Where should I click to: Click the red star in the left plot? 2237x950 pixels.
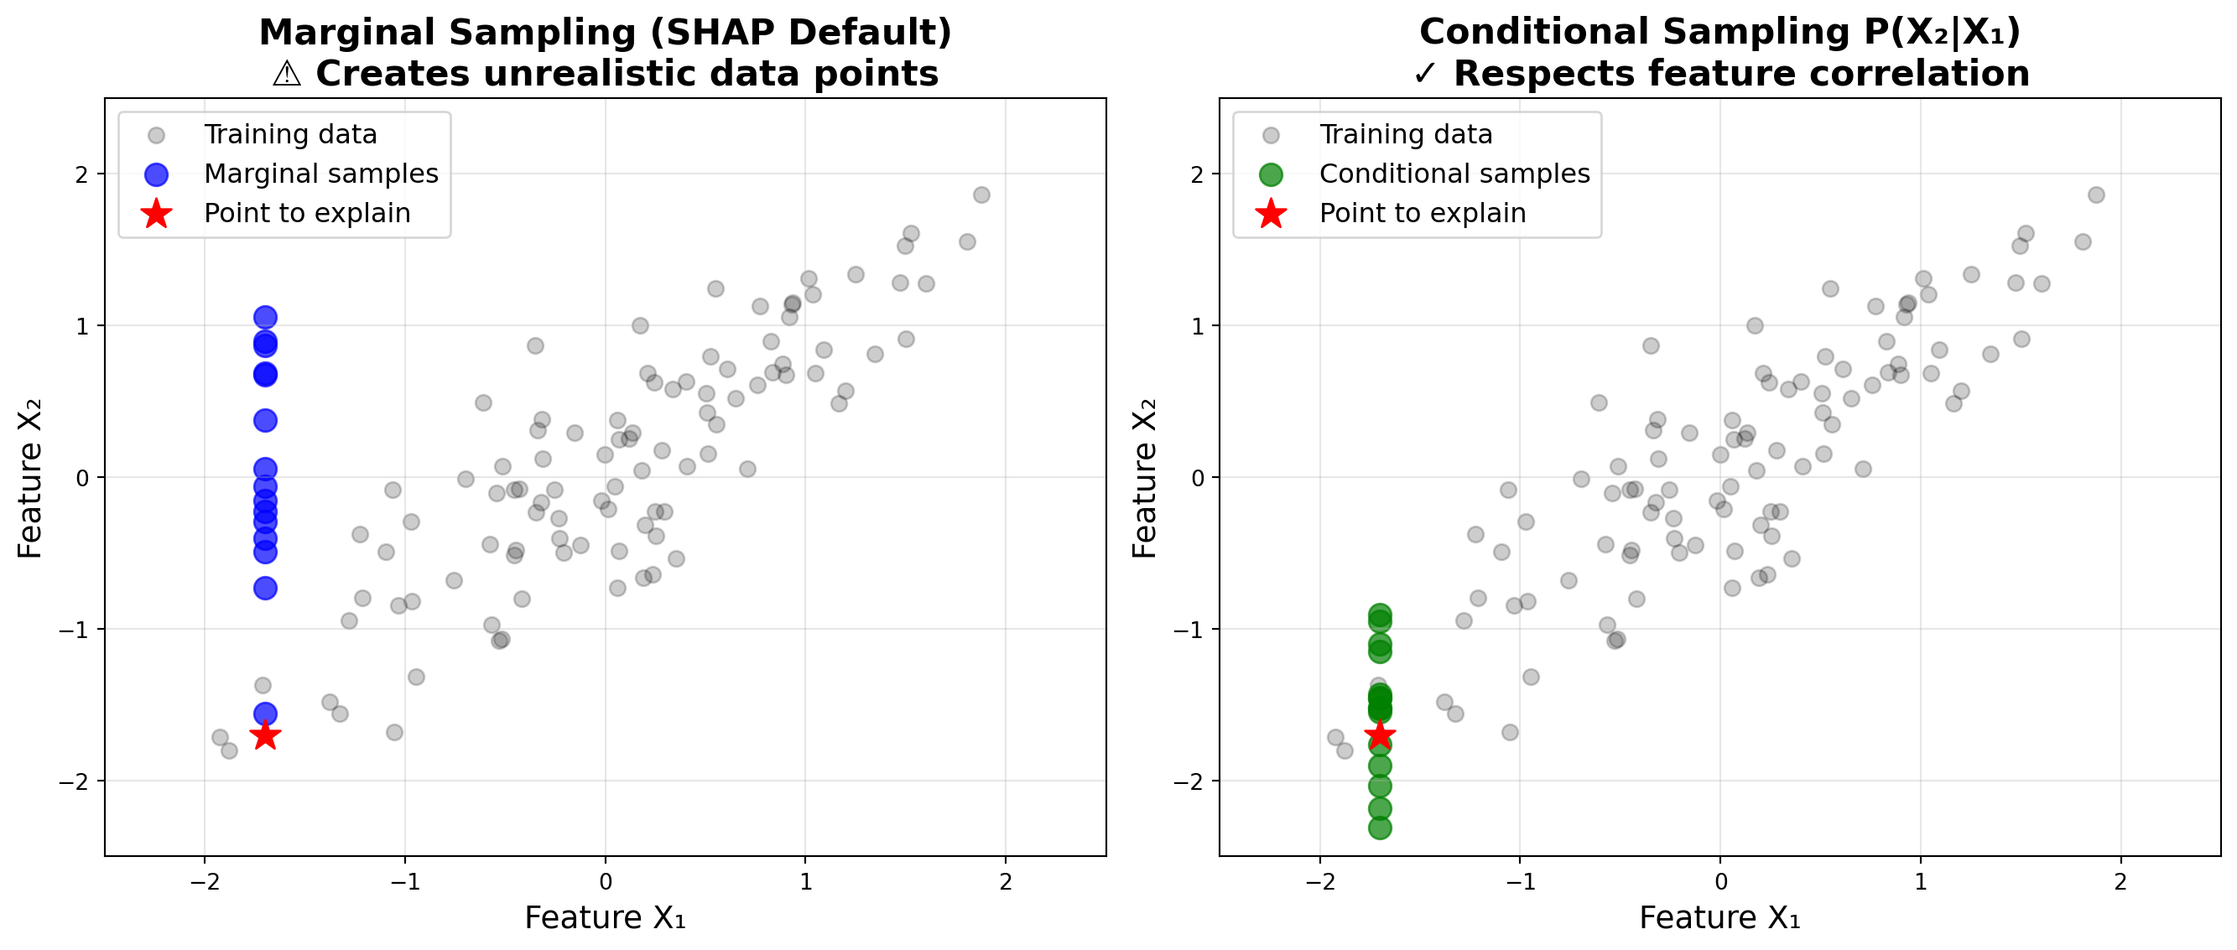click(x=265, y=735)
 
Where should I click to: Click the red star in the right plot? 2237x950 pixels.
click(x=1380, y=735)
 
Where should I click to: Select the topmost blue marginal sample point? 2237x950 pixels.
click(x=265, y=317)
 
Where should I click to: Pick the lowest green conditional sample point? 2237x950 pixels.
click(x=1380, y=828)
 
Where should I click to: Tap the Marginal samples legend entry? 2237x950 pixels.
click(x=320, y=174)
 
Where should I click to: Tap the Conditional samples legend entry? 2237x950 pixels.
click(x=1454, y=174)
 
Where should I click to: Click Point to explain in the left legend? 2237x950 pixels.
click(x=306, y=213)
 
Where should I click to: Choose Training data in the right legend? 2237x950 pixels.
click(x=1405, y=135)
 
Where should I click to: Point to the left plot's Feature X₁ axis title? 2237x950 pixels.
click(x=606, y=918)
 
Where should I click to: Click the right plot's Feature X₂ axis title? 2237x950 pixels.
click(x=1145, y=478)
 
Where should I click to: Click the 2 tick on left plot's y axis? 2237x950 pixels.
click(x=81, y=174)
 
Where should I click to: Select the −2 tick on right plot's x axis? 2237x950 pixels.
click(x=1319, y=882)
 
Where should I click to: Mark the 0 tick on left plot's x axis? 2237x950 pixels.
click(x=606, y=882)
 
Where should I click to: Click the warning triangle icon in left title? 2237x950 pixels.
click(x=287, y=74)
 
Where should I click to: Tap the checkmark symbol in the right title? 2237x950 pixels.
click(x=1425, y=74)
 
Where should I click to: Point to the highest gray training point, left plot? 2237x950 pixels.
click(x=981, y=195)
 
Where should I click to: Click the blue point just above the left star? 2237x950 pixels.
click(x=265, y=714)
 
